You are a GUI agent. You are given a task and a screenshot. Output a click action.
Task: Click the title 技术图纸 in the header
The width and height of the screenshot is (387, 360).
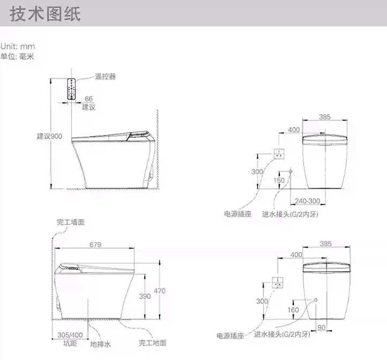(45, 14)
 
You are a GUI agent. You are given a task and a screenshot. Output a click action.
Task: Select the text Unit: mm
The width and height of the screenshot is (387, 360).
(18, 47)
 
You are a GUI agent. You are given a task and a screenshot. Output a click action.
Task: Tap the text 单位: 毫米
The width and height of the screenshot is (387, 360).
(17, 56)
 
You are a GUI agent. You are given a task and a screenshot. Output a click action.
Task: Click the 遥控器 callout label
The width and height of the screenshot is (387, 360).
(105, 77)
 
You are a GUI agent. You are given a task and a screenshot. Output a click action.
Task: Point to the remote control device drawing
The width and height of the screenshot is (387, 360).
(71, 88)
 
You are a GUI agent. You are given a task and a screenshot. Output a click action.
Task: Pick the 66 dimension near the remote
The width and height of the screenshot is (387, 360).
(89, 99)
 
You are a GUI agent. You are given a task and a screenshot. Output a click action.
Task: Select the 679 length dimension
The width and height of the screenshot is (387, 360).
(95, 244)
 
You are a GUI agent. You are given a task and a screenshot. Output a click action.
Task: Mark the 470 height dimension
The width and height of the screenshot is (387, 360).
(159, 290)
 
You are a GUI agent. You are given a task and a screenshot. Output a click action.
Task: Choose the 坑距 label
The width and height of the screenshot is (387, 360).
(70, 343)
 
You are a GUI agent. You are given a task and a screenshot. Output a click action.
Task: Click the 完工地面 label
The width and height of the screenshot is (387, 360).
(152, 343)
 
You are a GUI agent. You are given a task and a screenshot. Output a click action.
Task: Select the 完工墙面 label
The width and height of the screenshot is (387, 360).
(70, 222)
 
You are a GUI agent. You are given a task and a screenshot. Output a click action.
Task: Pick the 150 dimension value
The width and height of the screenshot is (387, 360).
(279, 181)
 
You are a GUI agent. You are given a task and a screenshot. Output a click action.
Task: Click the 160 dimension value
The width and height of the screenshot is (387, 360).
(293, 310)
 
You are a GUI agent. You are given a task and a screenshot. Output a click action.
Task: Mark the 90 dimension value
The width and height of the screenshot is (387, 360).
(322, 327)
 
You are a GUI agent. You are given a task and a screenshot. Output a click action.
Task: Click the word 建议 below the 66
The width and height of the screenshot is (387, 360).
(89, 107)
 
